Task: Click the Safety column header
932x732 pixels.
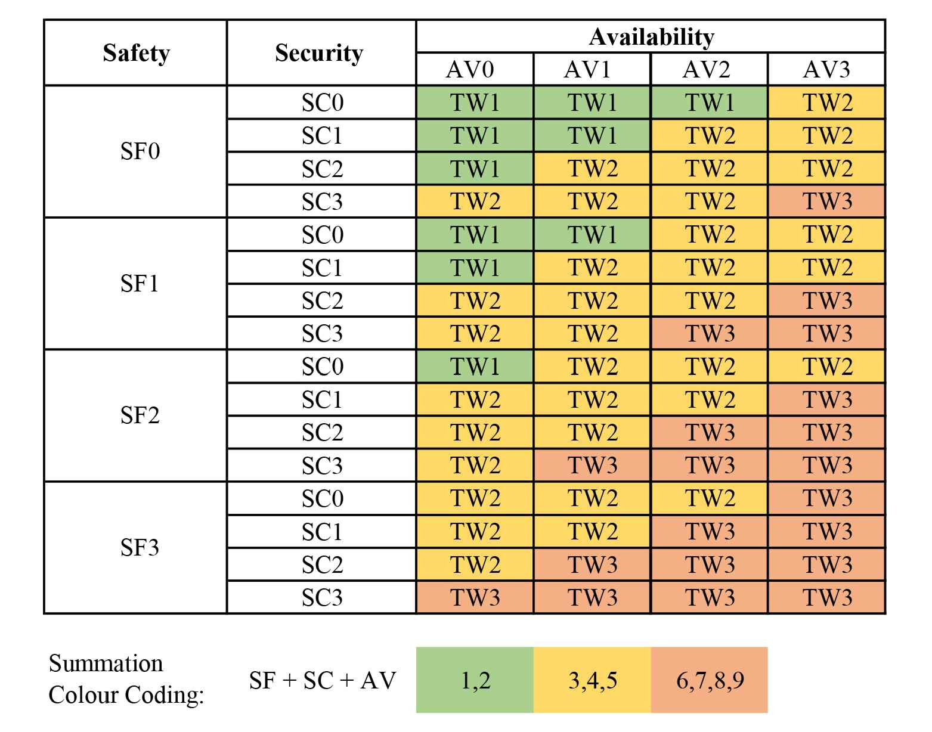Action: [x=136, y=53]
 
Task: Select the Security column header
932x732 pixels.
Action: [x=319, y=53]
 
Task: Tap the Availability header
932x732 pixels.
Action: [x=651, y=37]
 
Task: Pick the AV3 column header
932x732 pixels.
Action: [x=826, y=70]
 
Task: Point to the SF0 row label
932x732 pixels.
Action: [x=140, y=151]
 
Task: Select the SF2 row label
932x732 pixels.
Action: [x=140, y=415]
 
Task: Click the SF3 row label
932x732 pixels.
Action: [x=140, y=547]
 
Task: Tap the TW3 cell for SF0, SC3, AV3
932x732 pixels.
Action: [x=827, y=201]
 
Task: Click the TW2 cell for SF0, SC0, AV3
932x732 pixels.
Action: [x=827, y=103]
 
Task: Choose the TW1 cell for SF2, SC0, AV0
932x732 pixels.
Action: [x=475, y=366]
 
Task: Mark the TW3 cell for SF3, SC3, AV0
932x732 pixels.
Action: [x=475, y=597]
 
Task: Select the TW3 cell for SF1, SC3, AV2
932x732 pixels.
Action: [x=710, y=333]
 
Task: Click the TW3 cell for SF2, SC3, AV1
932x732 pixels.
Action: [x=592, y=465]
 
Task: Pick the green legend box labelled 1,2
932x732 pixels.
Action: [x=475, y=680]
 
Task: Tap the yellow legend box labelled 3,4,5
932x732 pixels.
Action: [x=592, y=680]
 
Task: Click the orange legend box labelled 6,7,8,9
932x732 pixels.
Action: [x=710, y=680]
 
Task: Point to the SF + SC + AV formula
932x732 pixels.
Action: [x=322, y=680]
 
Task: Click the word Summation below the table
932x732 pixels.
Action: [x=106, y=663]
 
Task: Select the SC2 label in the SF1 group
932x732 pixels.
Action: [x=322, y=300]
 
